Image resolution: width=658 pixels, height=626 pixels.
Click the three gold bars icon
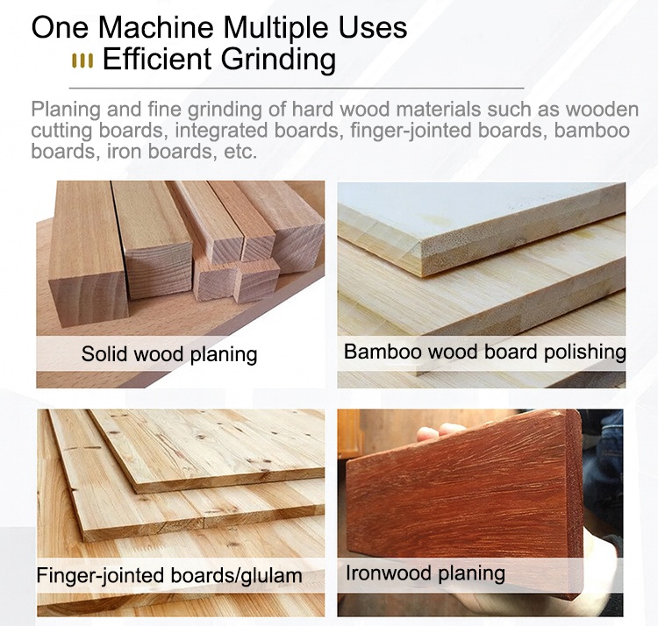(x=82, y=60)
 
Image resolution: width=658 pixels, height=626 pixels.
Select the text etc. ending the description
(x=239, y=151)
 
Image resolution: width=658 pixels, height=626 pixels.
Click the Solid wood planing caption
(x=169, y=354)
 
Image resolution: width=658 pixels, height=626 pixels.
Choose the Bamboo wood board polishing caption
(x=484, y=352)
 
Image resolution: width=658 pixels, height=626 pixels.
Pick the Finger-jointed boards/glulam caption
(x=169, y=576)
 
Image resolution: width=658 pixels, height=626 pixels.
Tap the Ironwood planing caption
(x=426, y=573)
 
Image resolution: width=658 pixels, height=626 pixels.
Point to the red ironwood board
(x=465, y=491)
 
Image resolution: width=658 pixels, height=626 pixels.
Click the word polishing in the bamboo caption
(x=581, y=352)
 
